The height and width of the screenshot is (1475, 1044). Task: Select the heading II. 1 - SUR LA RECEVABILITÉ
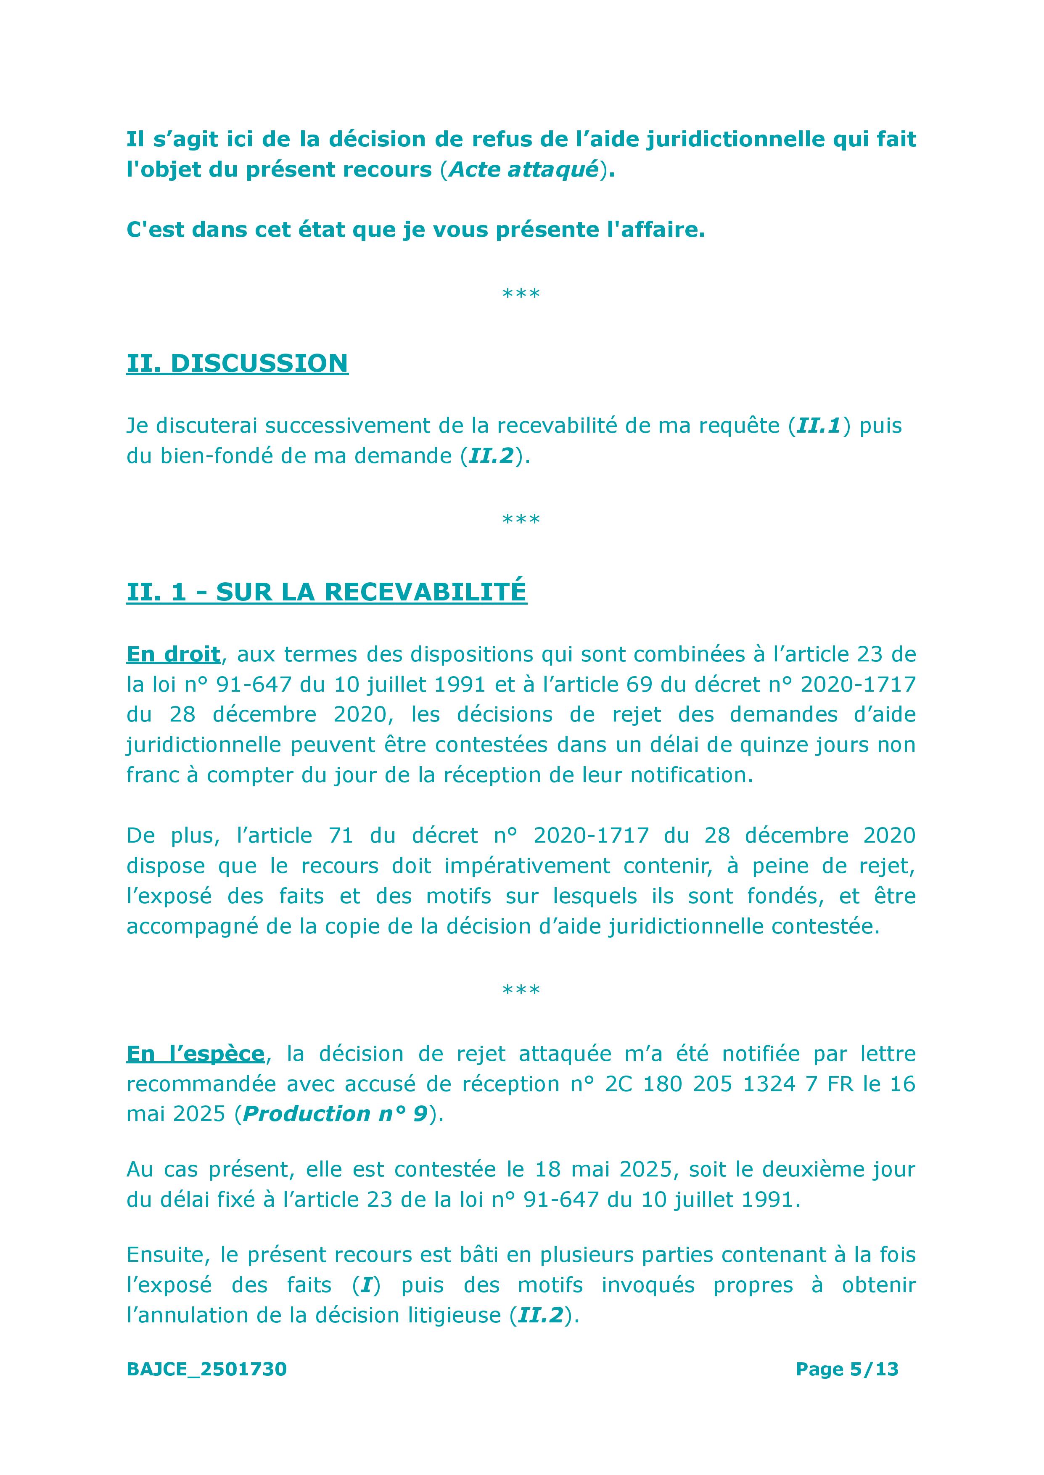click(327, 592)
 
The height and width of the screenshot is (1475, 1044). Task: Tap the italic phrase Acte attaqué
click(524, 170)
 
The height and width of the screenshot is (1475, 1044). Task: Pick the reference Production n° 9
click(336, 1114)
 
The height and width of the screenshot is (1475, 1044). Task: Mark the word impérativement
click(527, 866)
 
